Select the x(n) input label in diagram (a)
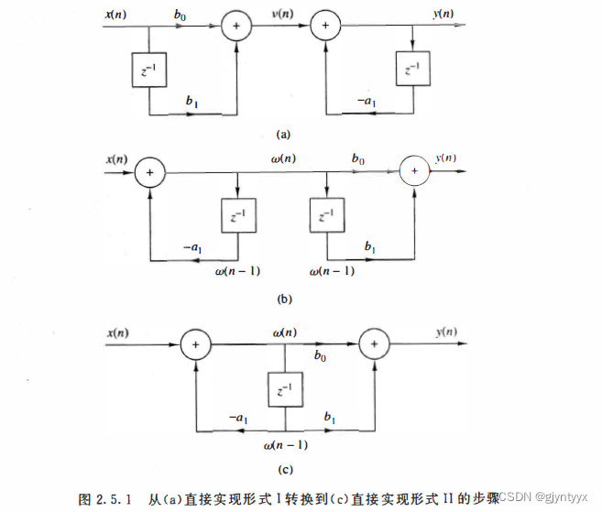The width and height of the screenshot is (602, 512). tap(116, 13)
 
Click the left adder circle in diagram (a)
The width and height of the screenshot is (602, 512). tap(237, 27)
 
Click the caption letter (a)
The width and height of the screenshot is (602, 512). tap(283, 134)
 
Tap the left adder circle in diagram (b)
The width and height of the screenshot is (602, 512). tap(149, 171)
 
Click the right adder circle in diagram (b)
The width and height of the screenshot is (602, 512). tap(414, 171)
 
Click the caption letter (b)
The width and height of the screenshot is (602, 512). tap(283, 298)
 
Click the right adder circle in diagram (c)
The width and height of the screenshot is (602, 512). tap(375, 344)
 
